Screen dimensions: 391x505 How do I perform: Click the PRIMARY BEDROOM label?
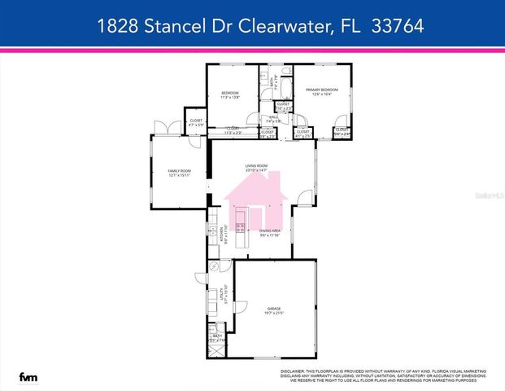tap(321, 91)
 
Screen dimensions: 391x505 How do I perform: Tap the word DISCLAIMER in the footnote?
tap(295, 370)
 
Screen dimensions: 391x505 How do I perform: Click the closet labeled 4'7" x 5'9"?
tap(196, 122)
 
